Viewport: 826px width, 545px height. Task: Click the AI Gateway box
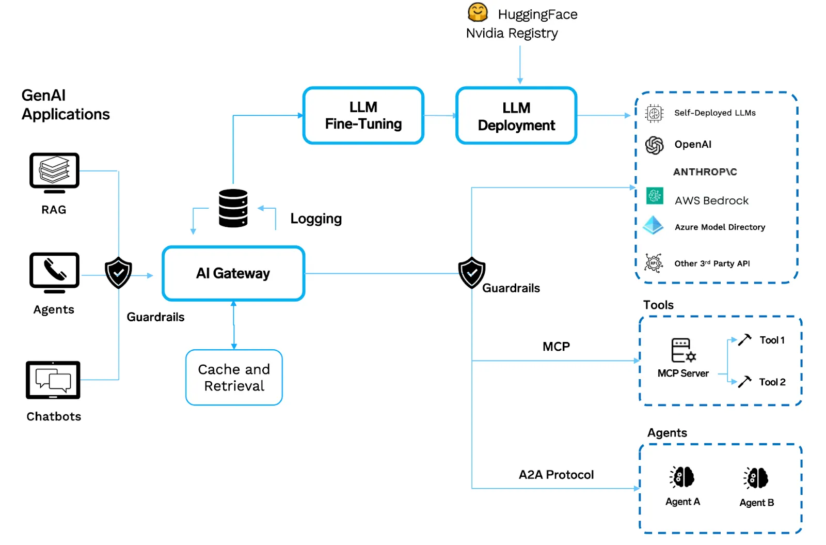[233, 273]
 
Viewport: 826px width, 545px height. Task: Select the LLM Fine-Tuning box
[363, 115]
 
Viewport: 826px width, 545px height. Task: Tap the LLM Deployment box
[516, 116]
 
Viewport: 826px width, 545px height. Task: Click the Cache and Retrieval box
[234, 378]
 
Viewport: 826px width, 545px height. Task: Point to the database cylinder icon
[233, 208]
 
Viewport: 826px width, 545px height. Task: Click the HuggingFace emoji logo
[478, 12]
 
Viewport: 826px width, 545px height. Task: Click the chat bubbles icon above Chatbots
[53, 380]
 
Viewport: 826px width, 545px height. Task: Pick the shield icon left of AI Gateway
[118, 272]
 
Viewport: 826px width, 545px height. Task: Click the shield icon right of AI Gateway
[472, 272]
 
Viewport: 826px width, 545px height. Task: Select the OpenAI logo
[655, 145]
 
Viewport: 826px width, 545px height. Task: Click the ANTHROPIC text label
[705, 172]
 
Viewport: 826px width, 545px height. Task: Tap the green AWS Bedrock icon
[655, 196]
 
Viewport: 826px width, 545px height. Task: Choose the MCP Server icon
[683, 350]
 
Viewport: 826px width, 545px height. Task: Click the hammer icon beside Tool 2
[744, 382]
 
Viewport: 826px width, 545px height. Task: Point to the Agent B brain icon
[756, 478]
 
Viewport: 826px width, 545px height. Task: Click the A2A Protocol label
[556, 475]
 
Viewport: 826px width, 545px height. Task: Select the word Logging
[316, 219]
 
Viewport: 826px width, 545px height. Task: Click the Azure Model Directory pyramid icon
[654, 225]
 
